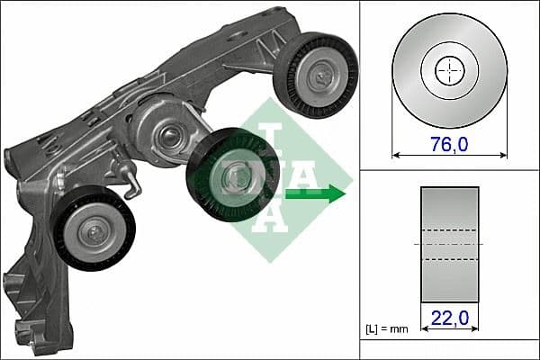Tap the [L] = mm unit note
coord(387,328)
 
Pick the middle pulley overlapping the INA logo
coord(232,175)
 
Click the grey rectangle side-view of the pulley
coord(449,246)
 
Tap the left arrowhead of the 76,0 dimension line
coord(395,155)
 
